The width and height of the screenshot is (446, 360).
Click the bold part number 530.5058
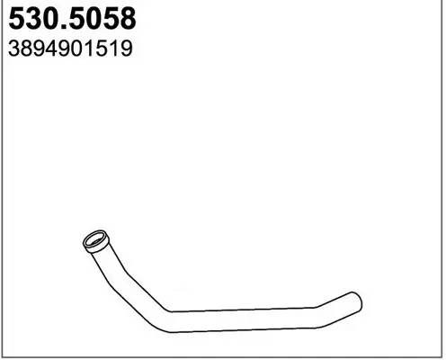pyautogui.click(x=72, y=19)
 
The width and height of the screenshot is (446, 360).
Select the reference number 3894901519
pyautogui.click(x=70, y=49)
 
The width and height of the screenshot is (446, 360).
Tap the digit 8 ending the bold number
pyautogui.click(x=128, y=19)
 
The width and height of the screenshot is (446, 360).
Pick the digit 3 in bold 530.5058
pyautogui.click(x=33, y=19)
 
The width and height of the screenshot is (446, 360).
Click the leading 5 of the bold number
pyautogui.click(x=17, y=19)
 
